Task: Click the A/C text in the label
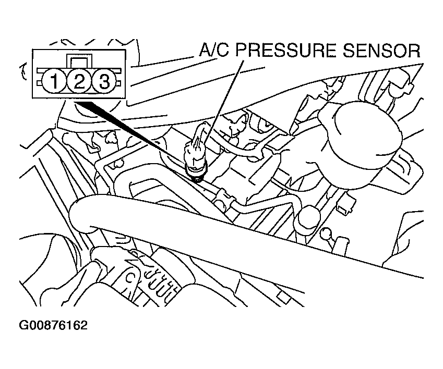(214, 51)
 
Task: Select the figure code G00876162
(53, 325)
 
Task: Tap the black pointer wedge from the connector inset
(133, 132)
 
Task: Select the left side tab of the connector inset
(39, 83)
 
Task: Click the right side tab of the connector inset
(118, 83)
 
